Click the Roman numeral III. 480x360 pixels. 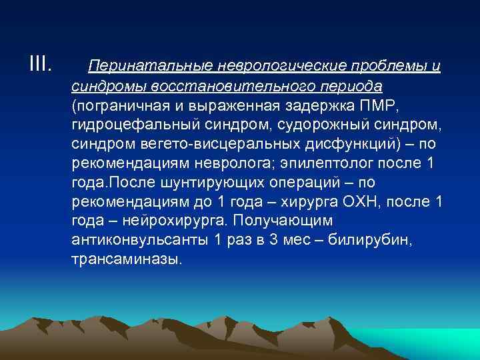click(40, 65)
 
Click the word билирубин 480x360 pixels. click(365, 240)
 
